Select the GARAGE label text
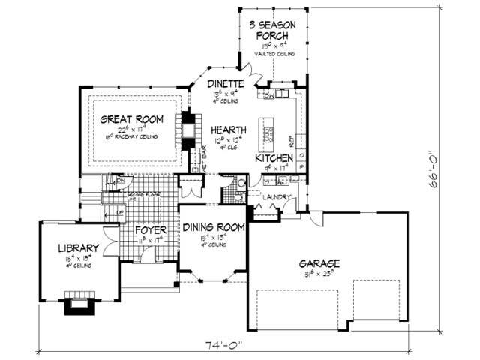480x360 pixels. point(319,264)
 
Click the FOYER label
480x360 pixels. point(151,230)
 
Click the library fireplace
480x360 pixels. point(78,304)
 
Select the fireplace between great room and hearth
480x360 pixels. point(186,132)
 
